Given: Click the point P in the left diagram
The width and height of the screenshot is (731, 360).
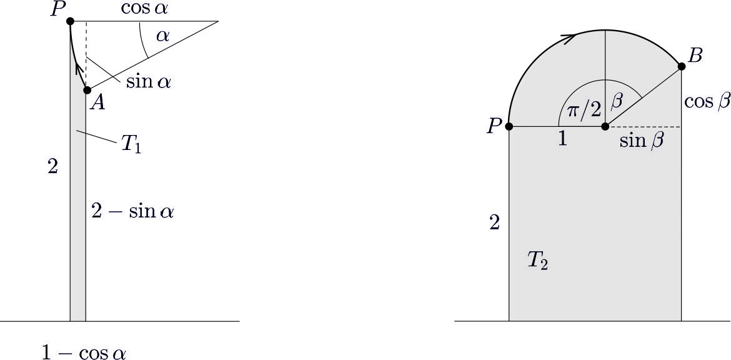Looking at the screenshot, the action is tap(71, 21).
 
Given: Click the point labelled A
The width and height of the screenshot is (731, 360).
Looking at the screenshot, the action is tap(87, 90).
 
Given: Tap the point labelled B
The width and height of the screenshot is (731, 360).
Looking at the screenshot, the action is tap(681, 66).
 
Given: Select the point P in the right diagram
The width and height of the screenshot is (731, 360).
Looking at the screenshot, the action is tap(509, 126).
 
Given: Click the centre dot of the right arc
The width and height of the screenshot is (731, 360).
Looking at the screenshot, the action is tap(605, 126).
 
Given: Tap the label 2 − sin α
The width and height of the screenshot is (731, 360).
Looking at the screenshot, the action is tap(132, 212).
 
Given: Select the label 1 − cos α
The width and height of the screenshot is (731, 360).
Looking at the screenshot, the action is tap(84, 353).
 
